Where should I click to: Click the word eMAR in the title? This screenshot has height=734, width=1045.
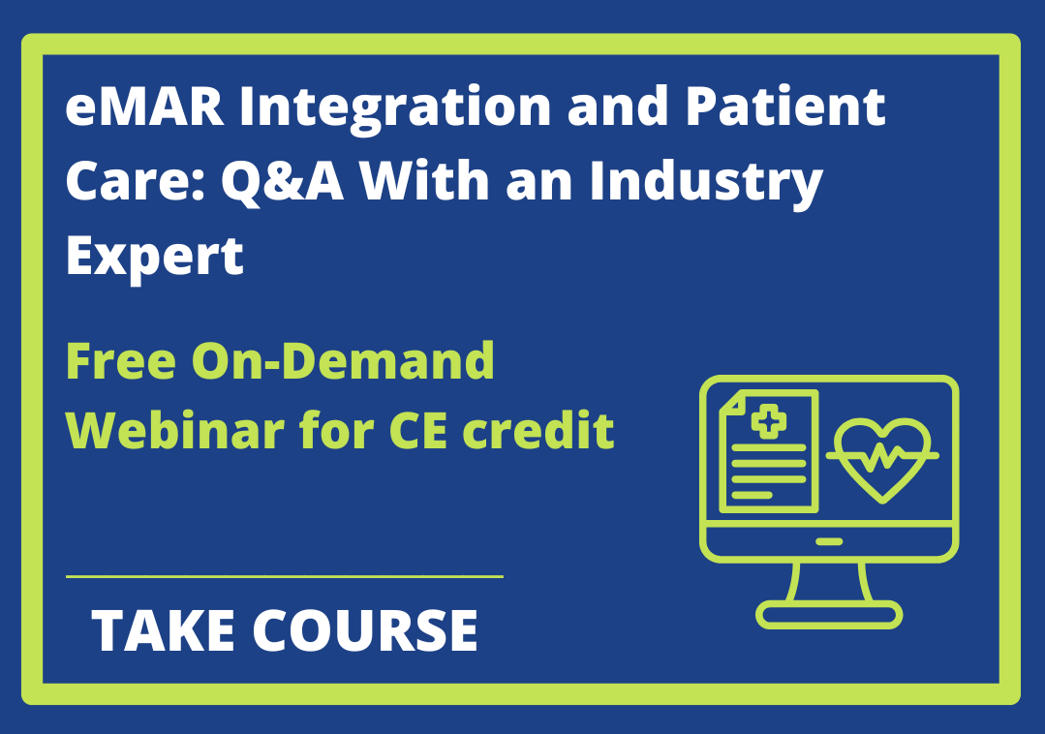pyautogui.click(x=145, y=107)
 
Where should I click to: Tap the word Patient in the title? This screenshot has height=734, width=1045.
pyautogui.click(x=785, y=106)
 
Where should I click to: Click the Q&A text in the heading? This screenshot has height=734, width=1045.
pyautogui.click(x=282, y=181)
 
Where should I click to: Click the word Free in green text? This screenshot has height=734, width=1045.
pyautogui.click(x=121, y=361)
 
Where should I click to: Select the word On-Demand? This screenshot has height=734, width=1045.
pyautogui.click(x=343, y=360)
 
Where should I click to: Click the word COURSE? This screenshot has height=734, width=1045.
pyautogui.click(x=365, y=630)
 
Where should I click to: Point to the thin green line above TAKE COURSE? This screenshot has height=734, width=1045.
pyautogui.click(x=285, y=575)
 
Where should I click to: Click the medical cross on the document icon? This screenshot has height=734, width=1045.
pyautogui.click(x=768, y=421)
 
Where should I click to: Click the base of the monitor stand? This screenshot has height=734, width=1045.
pyautogui.click(x=829, y=615)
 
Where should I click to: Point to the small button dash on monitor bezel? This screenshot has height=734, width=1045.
pyautogui.click(x=829, y=542)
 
